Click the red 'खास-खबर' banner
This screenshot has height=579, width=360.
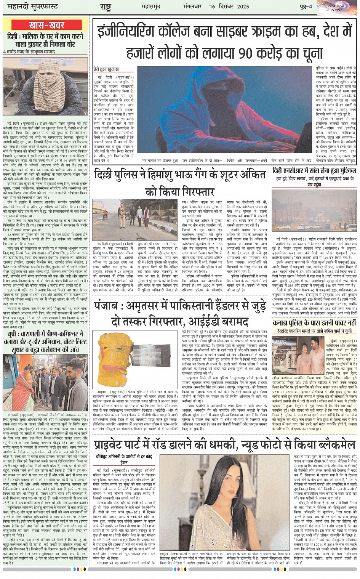46,26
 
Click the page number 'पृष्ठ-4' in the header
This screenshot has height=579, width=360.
304,6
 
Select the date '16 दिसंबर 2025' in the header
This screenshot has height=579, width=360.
229,6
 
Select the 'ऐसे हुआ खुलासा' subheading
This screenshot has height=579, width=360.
106,69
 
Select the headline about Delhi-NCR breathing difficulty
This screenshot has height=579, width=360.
314,171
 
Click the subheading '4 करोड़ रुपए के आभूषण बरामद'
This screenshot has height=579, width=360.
29,52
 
